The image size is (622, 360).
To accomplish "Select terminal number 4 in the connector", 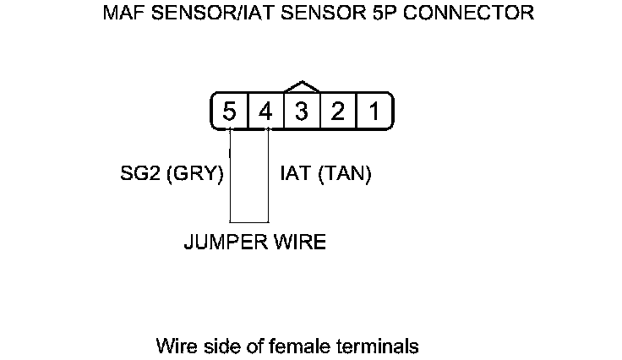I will pyautogui.click(x=265, y=112).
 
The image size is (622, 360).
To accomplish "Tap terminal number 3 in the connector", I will pyautogui.click(x=302, y=112).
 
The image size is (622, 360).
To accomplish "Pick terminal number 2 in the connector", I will pyautogui.click(x=337, y=112).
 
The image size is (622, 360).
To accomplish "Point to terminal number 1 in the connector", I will pyautogui.click(x=373, y=112).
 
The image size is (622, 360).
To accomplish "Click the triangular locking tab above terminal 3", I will pyautogui.click(x=303, y=86).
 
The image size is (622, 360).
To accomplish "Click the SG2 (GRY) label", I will pyautogui.click(x=172, y=175).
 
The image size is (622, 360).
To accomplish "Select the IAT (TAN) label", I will pyautogui.click(x=326, y=175).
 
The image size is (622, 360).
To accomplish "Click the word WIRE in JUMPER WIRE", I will pyautogui.click(x=298, y=243).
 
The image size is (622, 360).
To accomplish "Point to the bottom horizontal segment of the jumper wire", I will pyautogui.click(x=248, y=222).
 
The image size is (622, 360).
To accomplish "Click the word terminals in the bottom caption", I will pyautogui.click(x=380, y=346).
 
